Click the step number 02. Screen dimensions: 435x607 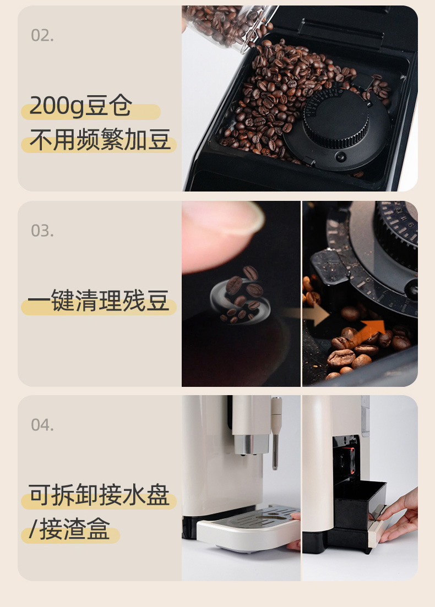[x=42, y=36]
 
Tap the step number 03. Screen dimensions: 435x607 [x=42, y=231]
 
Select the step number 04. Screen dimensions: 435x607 [x=42, y=425]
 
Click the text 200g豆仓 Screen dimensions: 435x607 [x=80, y=106]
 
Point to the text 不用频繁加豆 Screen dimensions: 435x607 [x=100, y=140]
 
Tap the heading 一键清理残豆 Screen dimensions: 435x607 [x=99, y=301]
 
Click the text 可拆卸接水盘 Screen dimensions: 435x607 [x=99, y=495]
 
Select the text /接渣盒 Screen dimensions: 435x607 [x=70, y=529]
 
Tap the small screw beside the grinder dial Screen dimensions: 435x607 [x=340, y=156]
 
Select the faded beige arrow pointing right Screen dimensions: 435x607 [x=316, y=314]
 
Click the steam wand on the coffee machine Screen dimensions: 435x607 [x=275, y=432]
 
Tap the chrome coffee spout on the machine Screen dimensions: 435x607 [x=251, y=444]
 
